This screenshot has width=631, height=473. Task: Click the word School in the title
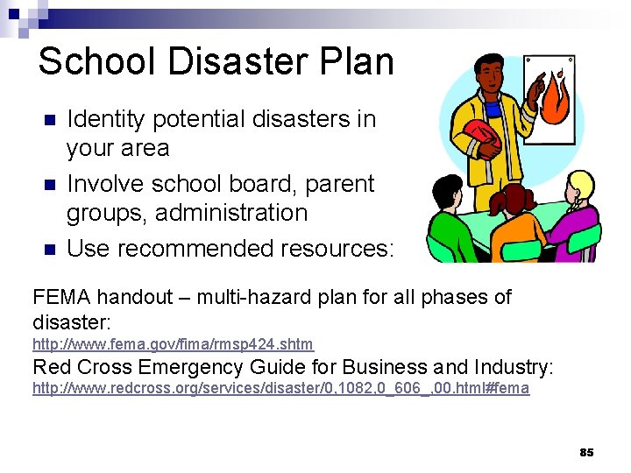pyautogui.click(x=83, y=61)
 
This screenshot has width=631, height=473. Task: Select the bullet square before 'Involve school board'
pyautogui.click(x=50, y=185)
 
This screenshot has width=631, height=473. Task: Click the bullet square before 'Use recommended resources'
pyautogui.click(x=50, y=250)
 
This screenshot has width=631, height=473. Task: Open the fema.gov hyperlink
pyautogui.click(x=173, y=344)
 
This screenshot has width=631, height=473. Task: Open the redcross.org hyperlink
pyautogui.click(x=280, y=388)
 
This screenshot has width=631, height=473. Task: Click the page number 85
pyautogui.click(x=586, y=452)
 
